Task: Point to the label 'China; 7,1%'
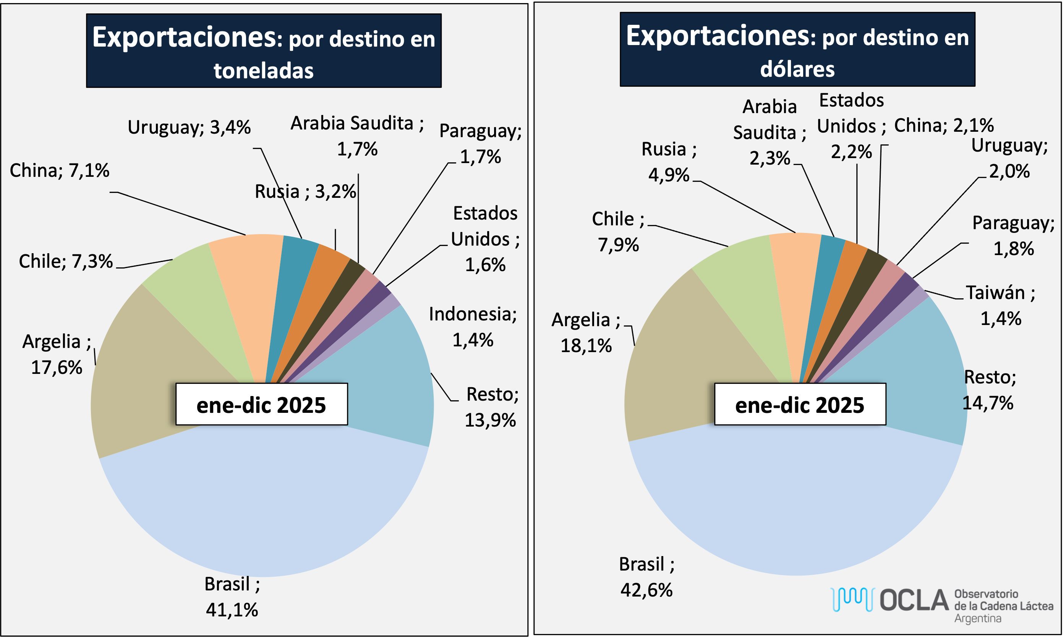[59, 171]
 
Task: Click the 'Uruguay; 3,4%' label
[189, 128]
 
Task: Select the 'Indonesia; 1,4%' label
[472, 327]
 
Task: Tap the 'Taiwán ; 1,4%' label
[1000, 306]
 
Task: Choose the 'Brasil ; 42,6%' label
[647, 577]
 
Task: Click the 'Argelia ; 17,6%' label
[57, 354]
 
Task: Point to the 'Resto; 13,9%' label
[491, 407]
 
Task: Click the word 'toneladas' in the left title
[264, 71]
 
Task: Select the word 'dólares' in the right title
[797, 70]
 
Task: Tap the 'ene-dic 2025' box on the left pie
[261, 404]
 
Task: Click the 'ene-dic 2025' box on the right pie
[800, 404]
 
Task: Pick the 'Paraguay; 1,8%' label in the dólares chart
[1013, 236]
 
